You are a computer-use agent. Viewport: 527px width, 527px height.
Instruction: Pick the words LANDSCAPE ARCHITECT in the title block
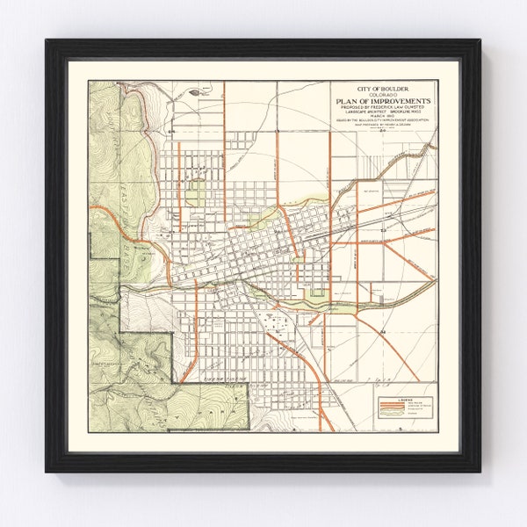tap(360, 114)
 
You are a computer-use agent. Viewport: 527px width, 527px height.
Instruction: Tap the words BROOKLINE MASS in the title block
tap(406, 114)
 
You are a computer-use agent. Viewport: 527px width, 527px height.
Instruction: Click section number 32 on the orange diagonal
tap(385, 329)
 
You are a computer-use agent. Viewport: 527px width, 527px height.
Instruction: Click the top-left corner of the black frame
tap(46, 40)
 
